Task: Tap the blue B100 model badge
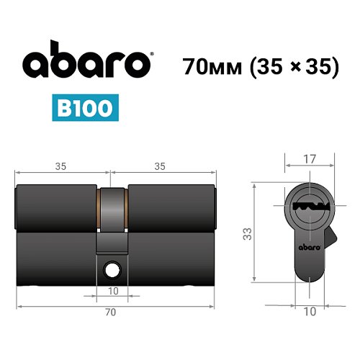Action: pyautogui.click(x=85, y=109)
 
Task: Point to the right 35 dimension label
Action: pyautogui.click(x=161, y=166)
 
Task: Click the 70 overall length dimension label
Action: pyautogui.click(x=110, y=312)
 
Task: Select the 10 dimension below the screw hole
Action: pyautogui.click(x=112, y=291)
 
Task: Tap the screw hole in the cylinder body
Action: pyautogui.click(x=112, y=271)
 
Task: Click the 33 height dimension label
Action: pyautogui.click(x=248, y=233)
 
